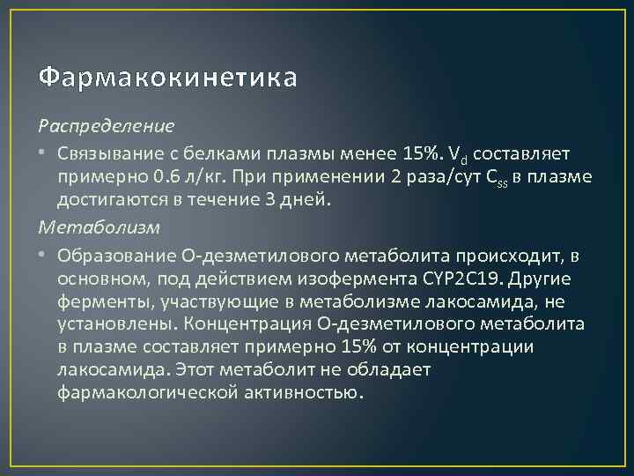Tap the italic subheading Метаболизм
[x=100, y=227]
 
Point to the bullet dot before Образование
[x=43, y=256]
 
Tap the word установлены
[x=110, y=324]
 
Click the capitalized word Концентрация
[x=231, y=324]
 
